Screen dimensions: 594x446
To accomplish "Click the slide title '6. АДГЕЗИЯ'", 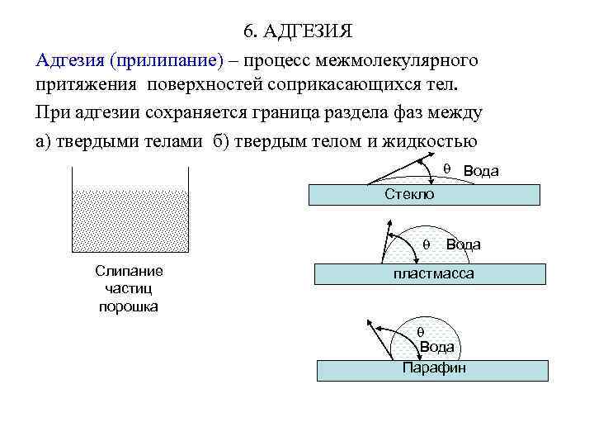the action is (x=298, y=32).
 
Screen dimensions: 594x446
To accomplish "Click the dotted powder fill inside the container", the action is (x=131, y=220).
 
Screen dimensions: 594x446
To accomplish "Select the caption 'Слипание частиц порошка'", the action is (x=129, y=289).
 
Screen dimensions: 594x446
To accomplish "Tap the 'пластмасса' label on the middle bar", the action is (x=433, y=273).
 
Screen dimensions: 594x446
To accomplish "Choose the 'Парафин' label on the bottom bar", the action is (x=434, y=368).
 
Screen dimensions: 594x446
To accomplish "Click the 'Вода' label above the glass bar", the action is (x=481, y=170).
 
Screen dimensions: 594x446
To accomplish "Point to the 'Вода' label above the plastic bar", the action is (x=463, y=244).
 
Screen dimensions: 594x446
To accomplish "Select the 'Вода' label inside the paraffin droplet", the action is (x=436, y=347).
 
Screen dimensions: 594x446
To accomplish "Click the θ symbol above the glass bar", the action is (x=446, y=168).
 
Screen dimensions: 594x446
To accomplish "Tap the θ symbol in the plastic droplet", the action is (x=427, y=244).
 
